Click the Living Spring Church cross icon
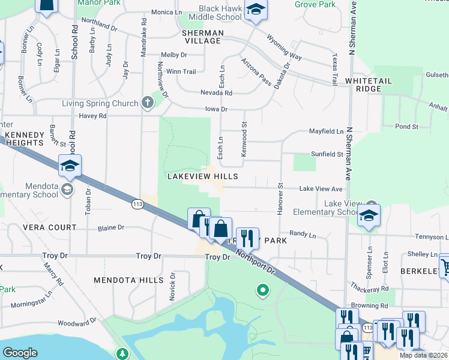[148, 103]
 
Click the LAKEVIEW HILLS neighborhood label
[202, 176]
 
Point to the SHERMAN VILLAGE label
[202, 37]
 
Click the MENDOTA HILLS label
[128, 280]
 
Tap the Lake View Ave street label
[321, 188]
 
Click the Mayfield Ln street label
[326, 131]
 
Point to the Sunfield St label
[327, 154]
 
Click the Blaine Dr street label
[112, 227]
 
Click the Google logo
[20, 353]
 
